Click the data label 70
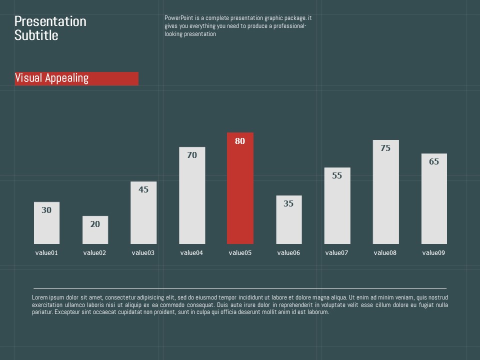(x=192, y=155)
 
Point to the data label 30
(x=46, y=210)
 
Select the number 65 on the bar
(x=434, y=161)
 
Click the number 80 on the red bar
(x=240, y=141)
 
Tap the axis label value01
(x=46, y=252)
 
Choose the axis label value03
(x=143, y=252)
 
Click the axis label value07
(x=336, y=252)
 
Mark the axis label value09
(x=433, y=252)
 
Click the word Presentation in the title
(x=50, y=21)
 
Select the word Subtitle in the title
(x=36, y=35)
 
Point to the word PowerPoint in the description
(x=177, y=18)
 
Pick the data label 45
(x=143, y=189)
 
